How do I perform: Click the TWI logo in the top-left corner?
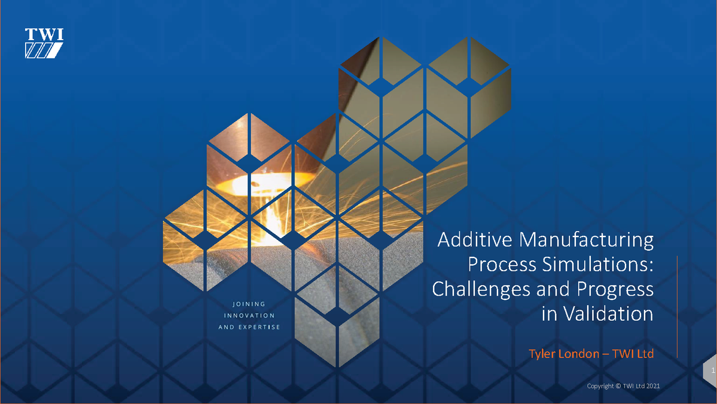click(x=44, y=43)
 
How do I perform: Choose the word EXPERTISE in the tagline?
click(x=260, y=327)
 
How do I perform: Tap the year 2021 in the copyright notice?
click(x=652, y=387)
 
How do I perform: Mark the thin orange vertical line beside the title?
click(x=677, y=305)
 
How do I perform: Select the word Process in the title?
click(x=496, y=265)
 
